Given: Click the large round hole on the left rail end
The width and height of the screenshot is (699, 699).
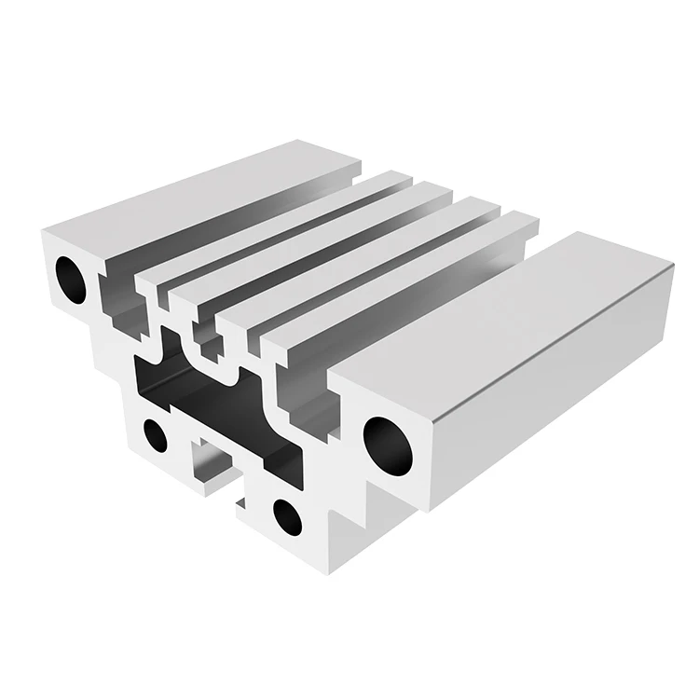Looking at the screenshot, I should (x=72, y=275).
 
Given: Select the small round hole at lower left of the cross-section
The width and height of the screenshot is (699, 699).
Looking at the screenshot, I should (x=156, y=435).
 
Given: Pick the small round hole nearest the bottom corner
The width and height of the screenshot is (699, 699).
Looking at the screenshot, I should (x=285, y=517).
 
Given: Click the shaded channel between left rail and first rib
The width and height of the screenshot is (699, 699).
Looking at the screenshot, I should (x=242, y=233).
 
